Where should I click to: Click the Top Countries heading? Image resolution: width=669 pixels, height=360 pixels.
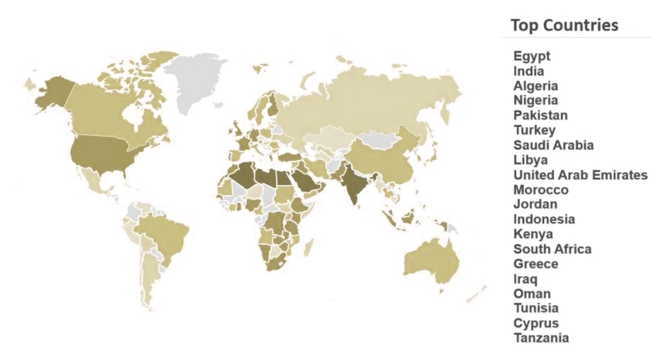(x=564, y=26)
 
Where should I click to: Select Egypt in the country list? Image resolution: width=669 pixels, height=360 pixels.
(x=532, y=56)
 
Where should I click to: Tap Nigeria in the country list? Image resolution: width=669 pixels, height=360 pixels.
(x=535, y=100)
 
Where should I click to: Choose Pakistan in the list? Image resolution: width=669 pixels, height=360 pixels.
(x=540, y=115)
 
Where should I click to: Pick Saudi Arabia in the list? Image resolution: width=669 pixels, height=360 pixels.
(x=553, y=145)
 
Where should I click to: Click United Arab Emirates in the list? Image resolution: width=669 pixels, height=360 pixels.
(x=580, y=175)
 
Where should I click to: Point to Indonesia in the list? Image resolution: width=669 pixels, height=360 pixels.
(x=544, y=220)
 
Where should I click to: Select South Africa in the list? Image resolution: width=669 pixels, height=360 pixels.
(x=552, y=249)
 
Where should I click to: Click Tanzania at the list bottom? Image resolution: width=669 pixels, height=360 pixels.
(x=541, y=338)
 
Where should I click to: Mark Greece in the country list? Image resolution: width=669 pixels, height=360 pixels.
(x=535, y=264)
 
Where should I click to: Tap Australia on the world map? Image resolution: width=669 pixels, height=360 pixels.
(x=433, y=260)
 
